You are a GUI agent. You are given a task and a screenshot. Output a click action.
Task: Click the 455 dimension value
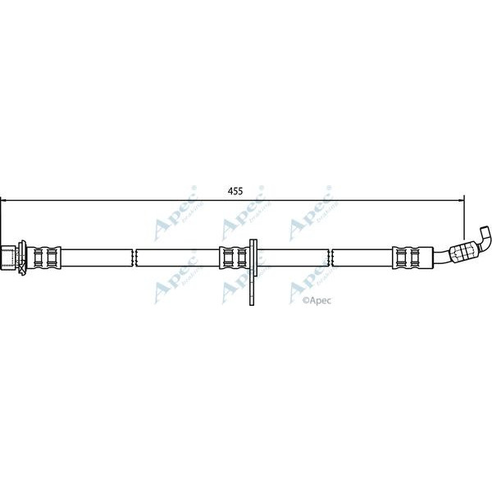pyautogui.click(x=235, y=191)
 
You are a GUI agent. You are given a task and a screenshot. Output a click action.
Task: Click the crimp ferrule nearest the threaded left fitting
pyautogui.click(x=48, y=257)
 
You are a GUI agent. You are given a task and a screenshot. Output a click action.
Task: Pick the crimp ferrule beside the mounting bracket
pyautogui.click(x=234, y=257)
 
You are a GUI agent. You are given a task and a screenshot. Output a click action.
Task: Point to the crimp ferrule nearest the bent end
pyautogui.click(x=407, y=257)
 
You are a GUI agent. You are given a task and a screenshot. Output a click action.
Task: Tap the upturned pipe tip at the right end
pyautogui.click(x=485, y=239)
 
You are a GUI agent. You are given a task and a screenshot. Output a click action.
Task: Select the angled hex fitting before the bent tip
pyautogui.click(x=464, y=250)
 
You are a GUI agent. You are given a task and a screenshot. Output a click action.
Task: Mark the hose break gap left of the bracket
pyautogui.click(x=134, y=257)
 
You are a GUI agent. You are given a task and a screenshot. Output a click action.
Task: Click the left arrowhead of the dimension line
pyautogui.click(x=4, y=198)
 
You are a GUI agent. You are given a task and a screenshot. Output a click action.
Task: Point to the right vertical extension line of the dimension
pyautogui.click(x=464, y=215)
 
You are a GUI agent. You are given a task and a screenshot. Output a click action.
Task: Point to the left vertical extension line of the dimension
pyautogui.click(x=1, y=221)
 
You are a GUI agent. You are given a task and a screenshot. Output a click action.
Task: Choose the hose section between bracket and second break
pyautogui.click(x=295, y=257)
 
